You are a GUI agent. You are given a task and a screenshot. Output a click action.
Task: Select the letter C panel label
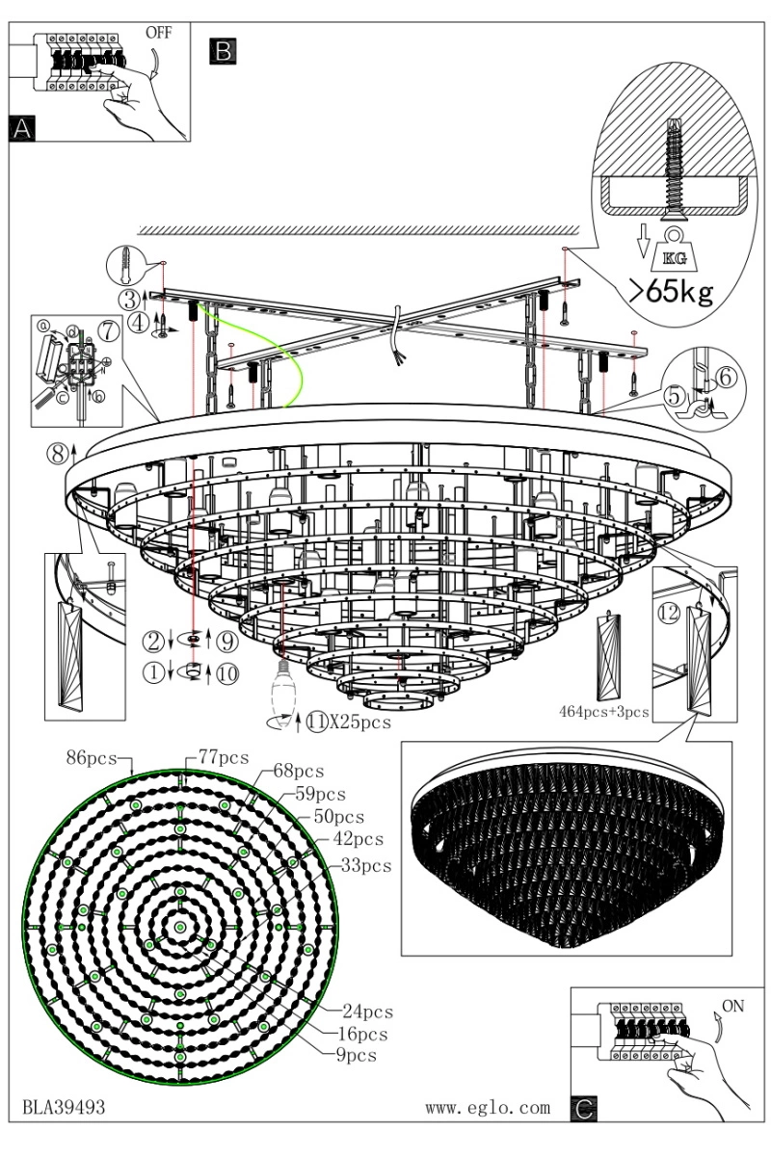pyautogui.click(x=583, y=1109)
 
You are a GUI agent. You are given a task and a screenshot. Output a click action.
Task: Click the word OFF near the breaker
pyautogui.click(x=159, y=32)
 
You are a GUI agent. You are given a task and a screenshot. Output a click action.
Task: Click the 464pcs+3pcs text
pyautogui.click(x=604, y=713)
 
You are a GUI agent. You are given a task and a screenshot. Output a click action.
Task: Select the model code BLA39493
pyautogui.click(x=64, y=1108)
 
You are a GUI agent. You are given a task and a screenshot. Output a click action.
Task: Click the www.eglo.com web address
pyautogui.click(x=488, y=1108)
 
